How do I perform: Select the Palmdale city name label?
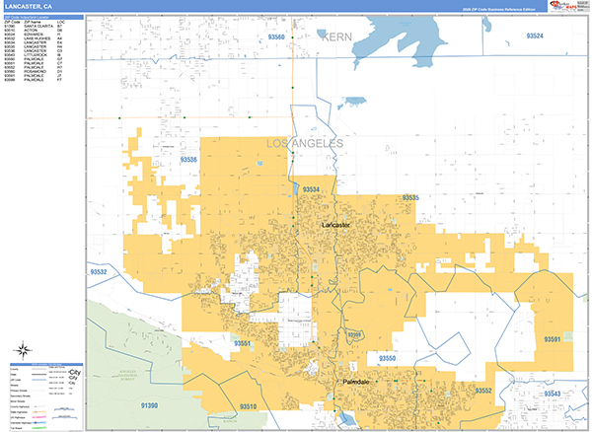[x=362, y=381]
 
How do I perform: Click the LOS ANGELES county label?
[x=306, y=144]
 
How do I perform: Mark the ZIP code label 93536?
[x=189, y=159]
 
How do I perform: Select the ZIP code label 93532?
[x=98, y=270]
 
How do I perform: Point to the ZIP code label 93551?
[x=245, y=342]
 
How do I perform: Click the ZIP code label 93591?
[x=552, y=338]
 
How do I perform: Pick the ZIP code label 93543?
[x=551, y=394]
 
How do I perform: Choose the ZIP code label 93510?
[x=249, y=405]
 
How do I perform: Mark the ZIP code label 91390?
[x=148, y=405]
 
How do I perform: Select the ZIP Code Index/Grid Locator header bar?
[x=40, y=17]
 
